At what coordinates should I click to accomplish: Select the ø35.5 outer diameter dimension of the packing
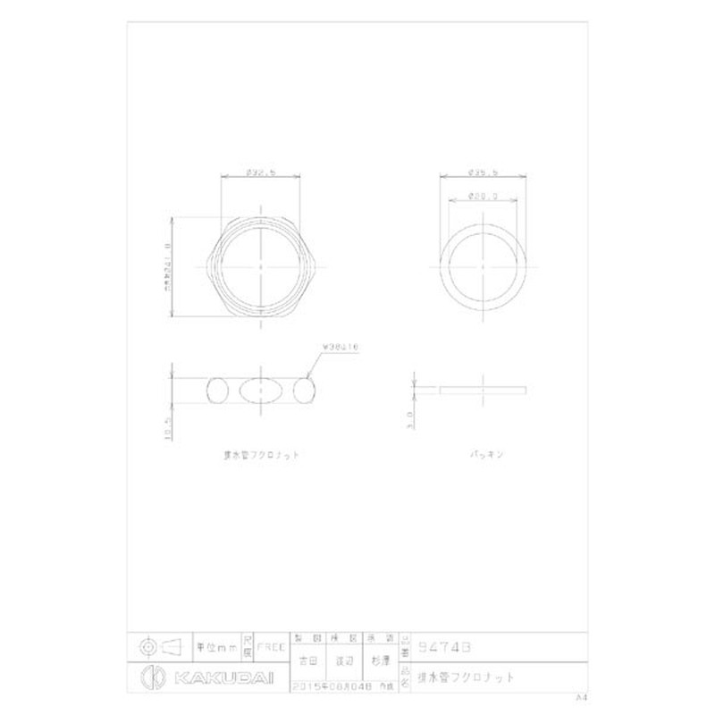coord(484,172)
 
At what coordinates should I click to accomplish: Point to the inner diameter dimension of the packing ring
coord(484,197)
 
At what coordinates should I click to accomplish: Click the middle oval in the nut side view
coord(260,390)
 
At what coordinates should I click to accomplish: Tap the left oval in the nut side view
coord(219,390)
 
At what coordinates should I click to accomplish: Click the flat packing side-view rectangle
coord(484,390)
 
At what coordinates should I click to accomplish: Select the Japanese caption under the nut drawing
coord(260,455)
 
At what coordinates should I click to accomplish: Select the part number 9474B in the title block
coord(444,644)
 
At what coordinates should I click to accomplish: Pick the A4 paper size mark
coord(581,695)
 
